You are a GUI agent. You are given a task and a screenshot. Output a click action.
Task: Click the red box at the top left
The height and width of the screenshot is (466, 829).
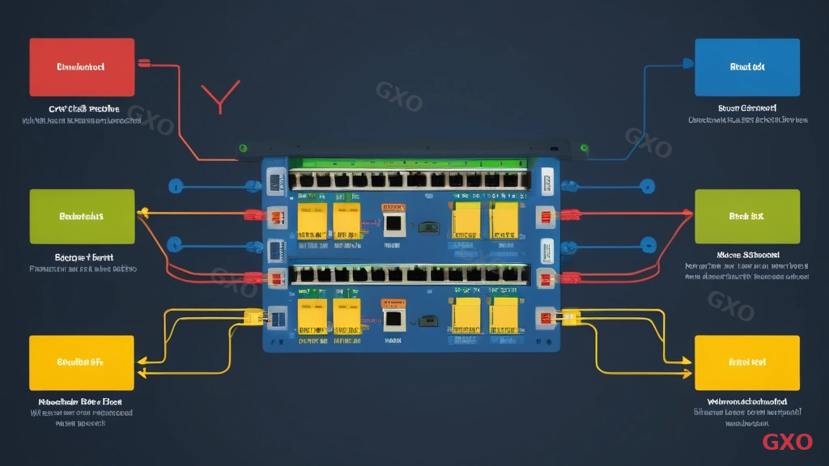82,67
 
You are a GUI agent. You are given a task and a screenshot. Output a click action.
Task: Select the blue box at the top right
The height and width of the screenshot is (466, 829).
747,67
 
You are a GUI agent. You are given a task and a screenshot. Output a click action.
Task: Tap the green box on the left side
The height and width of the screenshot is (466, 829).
82,216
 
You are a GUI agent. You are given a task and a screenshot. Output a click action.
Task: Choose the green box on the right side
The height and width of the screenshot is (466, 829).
747,216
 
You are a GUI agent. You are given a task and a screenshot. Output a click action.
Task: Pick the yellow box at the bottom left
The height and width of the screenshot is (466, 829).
80,363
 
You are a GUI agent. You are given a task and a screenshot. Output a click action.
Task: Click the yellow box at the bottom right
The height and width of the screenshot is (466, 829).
747,363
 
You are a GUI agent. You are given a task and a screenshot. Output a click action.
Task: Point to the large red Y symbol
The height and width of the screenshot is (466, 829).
219,97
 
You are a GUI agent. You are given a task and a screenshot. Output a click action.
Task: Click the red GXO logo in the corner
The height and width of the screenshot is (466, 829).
787,442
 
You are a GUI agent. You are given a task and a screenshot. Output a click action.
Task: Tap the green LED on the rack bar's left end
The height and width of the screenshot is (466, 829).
241,148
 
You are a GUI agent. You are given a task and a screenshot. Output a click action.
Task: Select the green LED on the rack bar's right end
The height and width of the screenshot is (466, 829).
584,148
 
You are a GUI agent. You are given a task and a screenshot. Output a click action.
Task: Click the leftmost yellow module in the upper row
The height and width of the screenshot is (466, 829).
312,221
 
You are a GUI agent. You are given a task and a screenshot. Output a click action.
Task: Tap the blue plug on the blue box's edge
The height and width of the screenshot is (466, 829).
687,62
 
